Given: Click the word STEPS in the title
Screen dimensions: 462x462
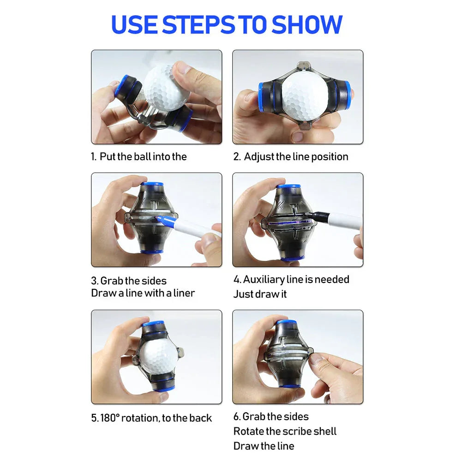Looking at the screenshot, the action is point(198,24).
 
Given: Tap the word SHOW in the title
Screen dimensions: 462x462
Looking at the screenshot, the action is point(306,24).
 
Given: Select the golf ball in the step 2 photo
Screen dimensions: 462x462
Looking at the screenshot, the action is point(305,95).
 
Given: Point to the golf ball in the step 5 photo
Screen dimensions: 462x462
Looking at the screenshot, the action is point(158,357).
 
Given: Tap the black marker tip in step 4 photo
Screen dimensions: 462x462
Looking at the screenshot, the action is point(307,215).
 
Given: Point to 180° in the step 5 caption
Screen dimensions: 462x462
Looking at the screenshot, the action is point(109,418).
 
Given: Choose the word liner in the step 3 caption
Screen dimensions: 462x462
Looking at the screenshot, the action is point(184,293).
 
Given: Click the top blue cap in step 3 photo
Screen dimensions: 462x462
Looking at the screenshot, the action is point(152,184).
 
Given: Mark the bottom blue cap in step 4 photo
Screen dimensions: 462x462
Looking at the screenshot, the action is point(292,259).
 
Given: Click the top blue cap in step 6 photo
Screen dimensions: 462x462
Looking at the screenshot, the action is point(287,322).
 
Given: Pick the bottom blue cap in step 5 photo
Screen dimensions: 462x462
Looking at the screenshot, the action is point(164,388).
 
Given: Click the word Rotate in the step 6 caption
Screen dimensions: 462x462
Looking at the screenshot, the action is point(248,432).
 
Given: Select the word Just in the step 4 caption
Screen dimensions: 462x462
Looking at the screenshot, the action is point(243,294).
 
